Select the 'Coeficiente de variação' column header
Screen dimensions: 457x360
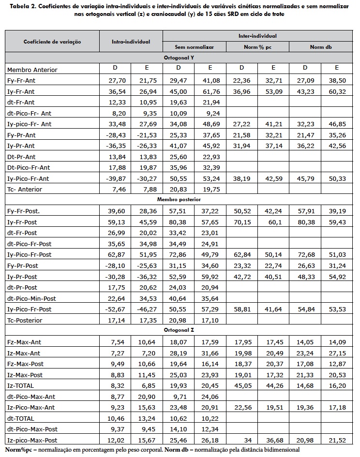[x=52, y=42]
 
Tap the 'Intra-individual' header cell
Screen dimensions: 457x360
[x=131, y=42]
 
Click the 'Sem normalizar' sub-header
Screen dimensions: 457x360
[x=194, y=47]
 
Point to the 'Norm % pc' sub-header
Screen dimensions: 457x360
[x=257, y=47]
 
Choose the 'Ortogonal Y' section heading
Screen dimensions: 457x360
[x=179, y=58]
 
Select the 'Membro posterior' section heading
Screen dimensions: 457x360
[x=179, y=199]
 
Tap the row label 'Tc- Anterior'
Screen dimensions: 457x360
[x=25, y=189]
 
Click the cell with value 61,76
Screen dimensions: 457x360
[x=210, y=91]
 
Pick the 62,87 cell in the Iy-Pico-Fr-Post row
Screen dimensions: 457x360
[x=116, y=255]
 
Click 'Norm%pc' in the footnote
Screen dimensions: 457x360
[x=18, y=450]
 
